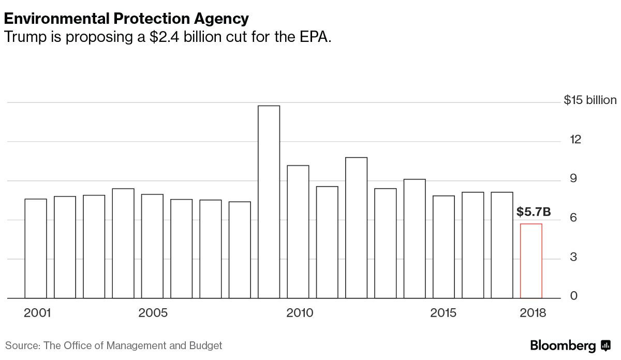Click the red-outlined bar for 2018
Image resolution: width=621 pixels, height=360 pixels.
(531, 261)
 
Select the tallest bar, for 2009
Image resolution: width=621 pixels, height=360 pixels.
(269, 202)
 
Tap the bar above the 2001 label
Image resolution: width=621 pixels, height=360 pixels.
(36, 248)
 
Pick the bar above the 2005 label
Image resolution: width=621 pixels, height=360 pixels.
(152, 246)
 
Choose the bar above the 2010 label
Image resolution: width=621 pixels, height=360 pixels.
(298, 232)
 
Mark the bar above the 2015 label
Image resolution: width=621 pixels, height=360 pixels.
(443, 247)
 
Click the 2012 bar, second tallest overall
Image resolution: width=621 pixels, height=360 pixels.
(356, 228)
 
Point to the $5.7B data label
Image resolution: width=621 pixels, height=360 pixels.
(533, 212)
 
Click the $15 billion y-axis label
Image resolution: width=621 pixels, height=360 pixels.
(590, 100)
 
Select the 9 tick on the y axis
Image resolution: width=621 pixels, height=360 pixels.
(573, 179)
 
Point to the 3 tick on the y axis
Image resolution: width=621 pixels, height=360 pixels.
(573, 258)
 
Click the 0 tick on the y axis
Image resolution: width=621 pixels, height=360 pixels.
(573, 296)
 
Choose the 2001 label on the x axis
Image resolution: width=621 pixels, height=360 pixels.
(37, 313)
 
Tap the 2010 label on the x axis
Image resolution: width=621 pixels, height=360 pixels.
(300, 313)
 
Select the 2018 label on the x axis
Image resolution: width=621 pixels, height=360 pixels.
(533, 313)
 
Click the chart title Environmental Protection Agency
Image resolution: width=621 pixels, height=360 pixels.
(126, 19)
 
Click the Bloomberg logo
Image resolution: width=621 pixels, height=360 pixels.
(570, 346)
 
